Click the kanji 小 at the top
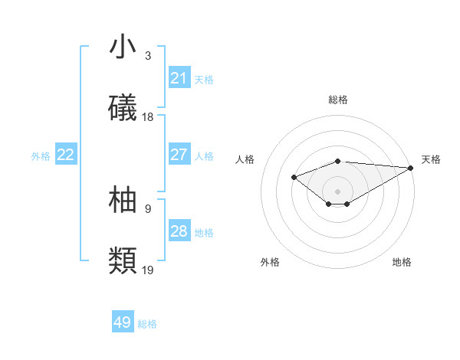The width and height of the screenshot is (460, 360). point(123,47)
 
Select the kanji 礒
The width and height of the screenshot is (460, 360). point(123,108)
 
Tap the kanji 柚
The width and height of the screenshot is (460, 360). point(123,200)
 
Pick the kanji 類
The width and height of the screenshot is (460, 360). point(123,260)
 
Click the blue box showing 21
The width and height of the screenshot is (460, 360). point(179,78)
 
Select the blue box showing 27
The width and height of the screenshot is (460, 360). point(179,155)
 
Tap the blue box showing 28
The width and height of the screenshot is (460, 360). point(179,231)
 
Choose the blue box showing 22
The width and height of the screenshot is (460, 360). point(66,155)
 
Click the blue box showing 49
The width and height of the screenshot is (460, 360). point(123,322)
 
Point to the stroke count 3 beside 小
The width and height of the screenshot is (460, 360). point(148,56)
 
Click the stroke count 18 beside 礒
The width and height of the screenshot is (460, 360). point(148,117)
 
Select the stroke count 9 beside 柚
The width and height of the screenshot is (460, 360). point(148,208)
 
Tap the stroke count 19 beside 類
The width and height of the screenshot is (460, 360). point(148,270)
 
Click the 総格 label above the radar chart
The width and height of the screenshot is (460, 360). point(338,100)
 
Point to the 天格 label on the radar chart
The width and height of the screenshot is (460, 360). point(431,159)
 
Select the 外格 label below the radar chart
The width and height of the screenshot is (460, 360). point(270,262)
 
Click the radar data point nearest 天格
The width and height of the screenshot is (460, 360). point(411,168)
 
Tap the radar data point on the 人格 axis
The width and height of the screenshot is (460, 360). point(294,178)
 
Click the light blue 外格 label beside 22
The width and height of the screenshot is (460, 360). point(41,155)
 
